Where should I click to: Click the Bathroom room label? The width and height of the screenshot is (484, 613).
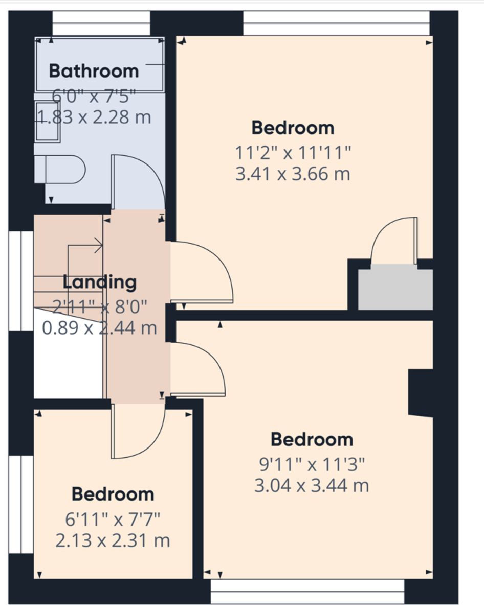(x=94, y=71)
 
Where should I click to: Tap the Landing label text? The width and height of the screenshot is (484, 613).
(x=100, y=282)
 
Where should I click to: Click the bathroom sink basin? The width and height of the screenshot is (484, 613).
(x=48, y=122)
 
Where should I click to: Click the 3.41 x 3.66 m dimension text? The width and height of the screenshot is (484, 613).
(x=293, y=175)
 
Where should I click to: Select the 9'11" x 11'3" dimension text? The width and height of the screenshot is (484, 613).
(x=312, y=465)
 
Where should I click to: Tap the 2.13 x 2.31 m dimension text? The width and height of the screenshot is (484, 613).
(x=113, y=540)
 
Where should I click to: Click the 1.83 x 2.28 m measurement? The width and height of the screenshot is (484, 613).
(x=94, y=117)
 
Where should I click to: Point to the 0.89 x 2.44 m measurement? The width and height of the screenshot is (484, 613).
(x=99, y=328)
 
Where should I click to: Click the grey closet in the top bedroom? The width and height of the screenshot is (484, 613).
(x=395, y=289)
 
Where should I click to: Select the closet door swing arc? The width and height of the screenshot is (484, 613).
(x=391, y=240)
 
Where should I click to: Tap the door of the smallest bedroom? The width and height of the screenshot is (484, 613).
(x=136, y=429)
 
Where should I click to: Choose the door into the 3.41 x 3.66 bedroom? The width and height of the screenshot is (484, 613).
(x=200, y=271)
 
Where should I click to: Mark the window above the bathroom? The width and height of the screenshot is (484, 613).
(x=101, y=23)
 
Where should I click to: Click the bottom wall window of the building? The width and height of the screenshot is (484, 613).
(x=307, y=592)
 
